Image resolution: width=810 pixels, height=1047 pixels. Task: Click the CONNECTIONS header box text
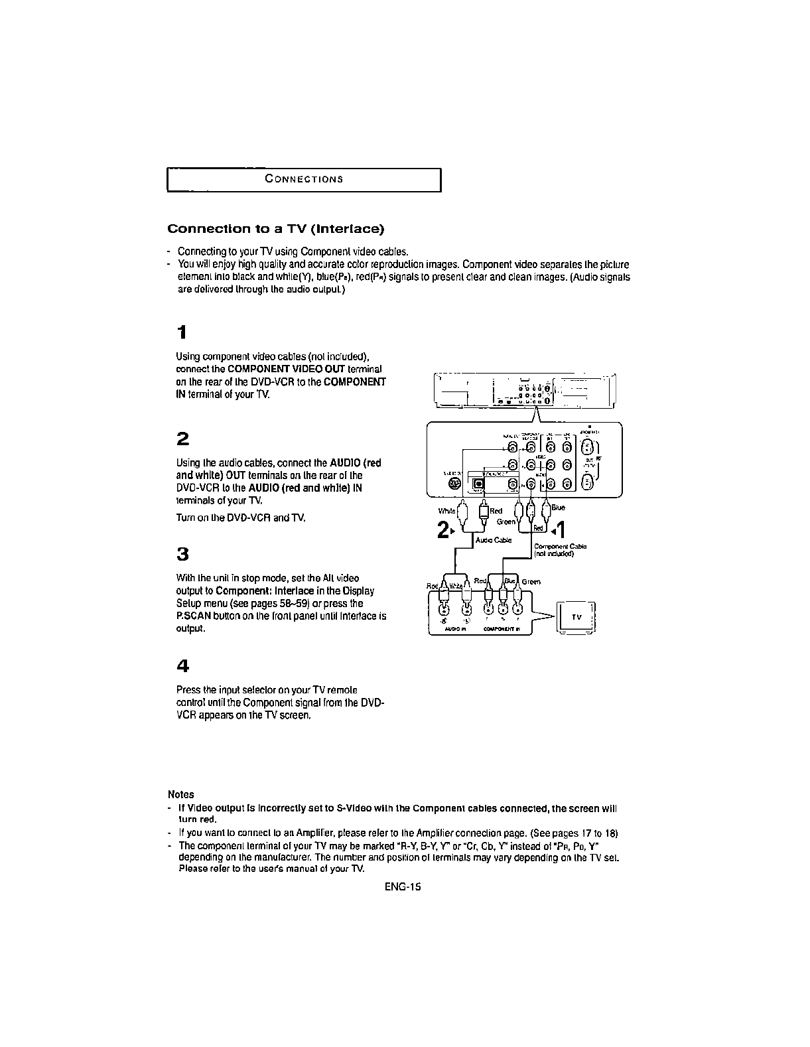point(303,179)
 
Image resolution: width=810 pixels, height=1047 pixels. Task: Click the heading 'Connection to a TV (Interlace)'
point(275,230)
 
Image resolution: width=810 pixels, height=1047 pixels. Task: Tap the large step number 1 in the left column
point(181,332)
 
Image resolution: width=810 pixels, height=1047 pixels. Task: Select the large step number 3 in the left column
point(182,553)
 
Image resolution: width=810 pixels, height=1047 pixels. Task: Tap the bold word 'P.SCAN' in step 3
point(192,616)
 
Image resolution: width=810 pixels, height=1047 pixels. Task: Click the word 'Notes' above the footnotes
point(181,794)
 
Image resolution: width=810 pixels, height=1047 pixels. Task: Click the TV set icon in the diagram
point(576,616)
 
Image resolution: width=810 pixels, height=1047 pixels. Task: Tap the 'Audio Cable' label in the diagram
point(494,540)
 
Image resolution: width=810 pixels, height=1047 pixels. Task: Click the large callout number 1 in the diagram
point(561,530)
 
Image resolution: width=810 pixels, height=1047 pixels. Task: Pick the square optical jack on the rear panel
point(478,486)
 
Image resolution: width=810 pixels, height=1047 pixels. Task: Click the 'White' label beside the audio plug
point(447,512)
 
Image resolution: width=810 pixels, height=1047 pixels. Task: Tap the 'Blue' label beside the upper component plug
point(558,508)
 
